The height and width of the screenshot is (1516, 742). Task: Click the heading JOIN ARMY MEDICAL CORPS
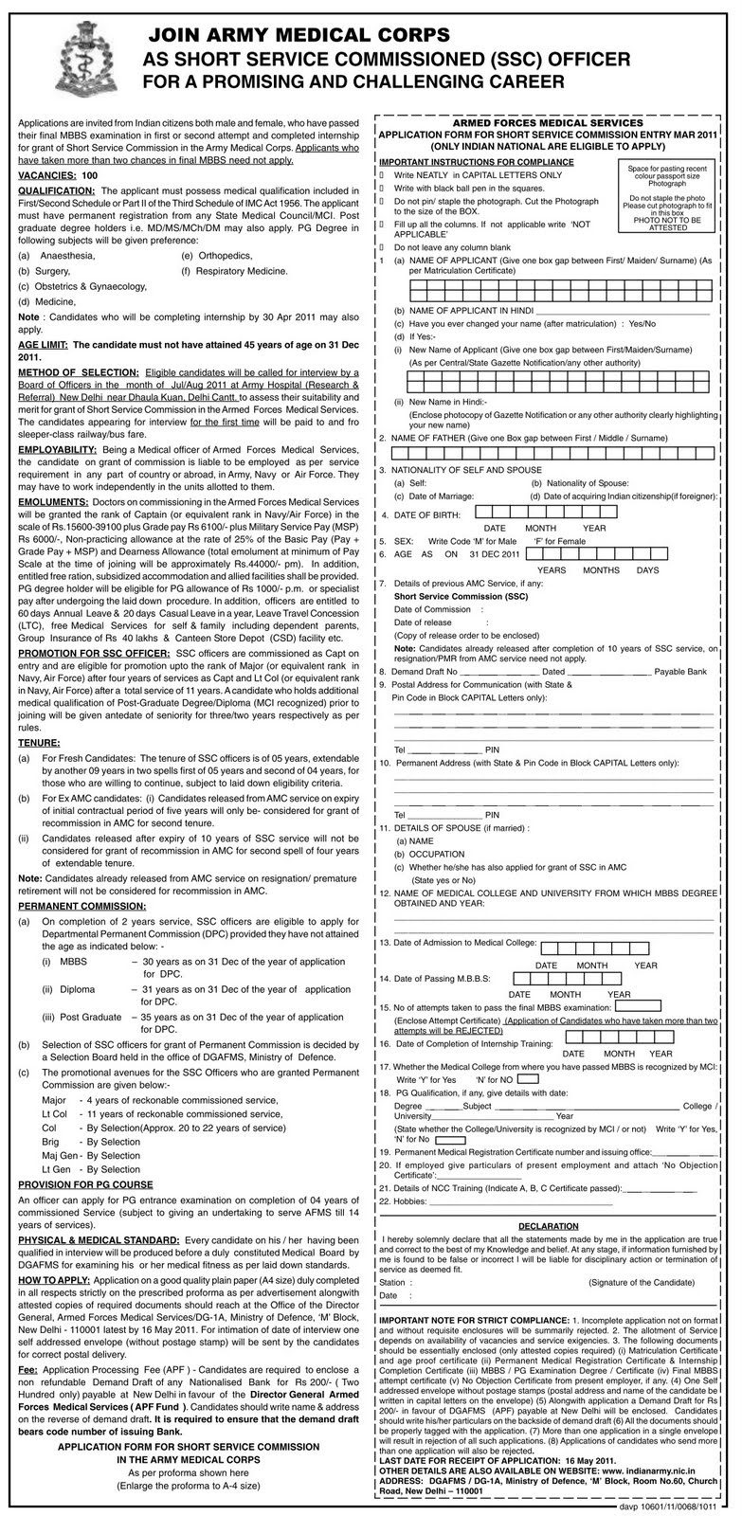(x=297, y=36)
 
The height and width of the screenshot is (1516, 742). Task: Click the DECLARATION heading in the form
(x=548, y=1225)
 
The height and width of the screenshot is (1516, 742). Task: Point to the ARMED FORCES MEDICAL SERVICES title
(x=548, y=123)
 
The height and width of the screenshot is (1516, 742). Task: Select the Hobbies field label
(x=407, y=1201)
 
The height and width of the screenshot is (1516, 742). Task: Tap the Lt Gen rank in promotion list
(x=54, y=1169)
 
